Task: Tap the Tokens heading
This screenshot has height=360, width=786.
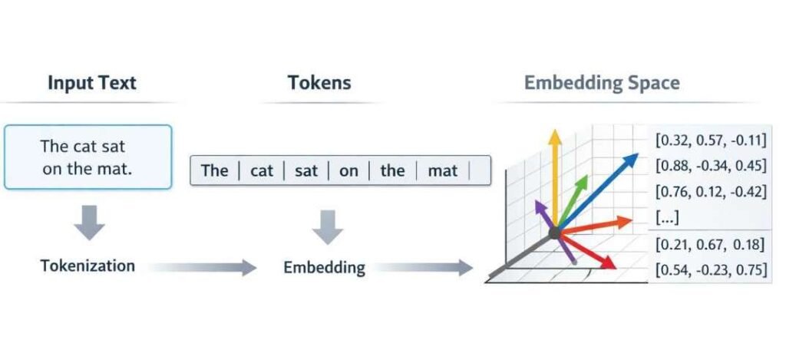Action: click(319, 83)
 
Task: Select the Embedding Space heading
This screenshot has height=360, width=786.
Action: click(601, 83)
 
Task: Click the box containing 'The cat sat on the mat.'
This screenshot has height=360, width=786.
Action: click(88, 157)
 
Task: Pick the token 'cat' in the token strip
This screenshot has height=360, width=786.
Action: click(262, 170)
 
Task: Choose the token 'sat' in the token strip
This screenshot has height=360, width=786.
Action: click(306, 170)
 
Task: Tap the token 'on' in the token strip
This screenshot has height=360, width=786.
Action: click(348, 170)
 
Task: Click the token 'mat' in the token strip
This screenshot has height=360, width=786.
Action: click(442, 170)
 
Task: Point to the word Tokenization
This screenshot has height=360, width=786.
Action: click(88, 266)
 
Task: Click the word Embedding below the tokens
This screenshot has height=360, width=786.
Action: click(324, 268)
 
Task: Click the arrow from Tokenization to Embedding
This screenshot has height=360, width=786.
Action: click(203, 267)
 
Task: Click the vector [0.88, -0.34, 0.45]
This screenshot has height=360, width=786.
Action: click(709, 167)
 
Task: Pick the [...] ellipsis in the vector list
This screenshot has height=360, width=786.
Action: click(667, 218)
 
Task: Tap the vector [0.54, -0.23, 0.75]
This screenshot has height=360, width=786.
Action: click(709, 270)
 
